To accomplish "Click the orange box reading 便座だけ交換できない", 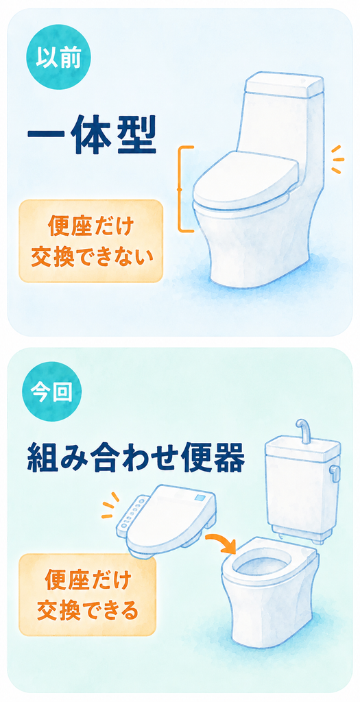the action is (91, 241).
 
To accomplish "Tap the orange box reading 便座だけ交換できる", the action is (88, 595).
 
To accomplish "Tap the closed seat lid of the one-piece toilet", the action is (245, 178).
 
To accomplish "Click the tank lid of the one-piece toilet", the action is (284, 84).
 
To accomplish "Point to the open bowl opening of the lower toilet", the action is (264, 566).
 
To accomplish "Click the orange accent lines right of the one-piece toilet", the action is (337, 159).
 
